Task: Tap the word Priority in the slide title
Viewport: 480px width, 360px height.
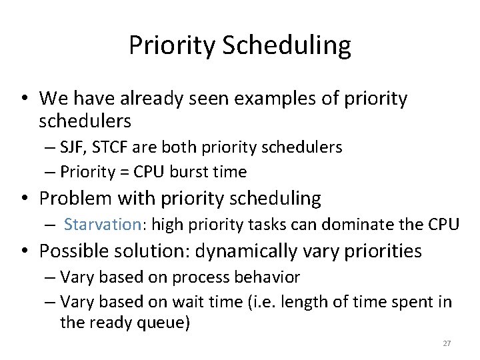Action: coord(173,46)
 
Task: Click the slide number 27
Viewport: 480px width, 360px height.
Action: coord(447,343)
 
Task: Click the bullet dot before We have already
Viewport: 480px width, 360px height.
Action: coord(25,99)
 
